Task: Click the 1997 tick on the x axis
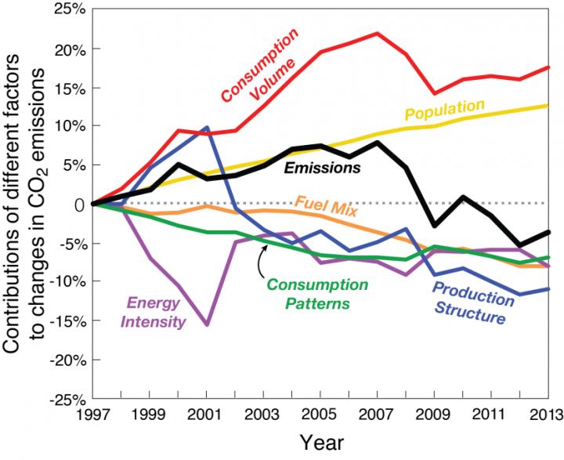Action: (93, 414)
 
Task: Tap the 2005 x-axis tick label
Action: (317, 414)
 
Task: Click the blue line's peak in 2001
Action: (205, 127)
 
